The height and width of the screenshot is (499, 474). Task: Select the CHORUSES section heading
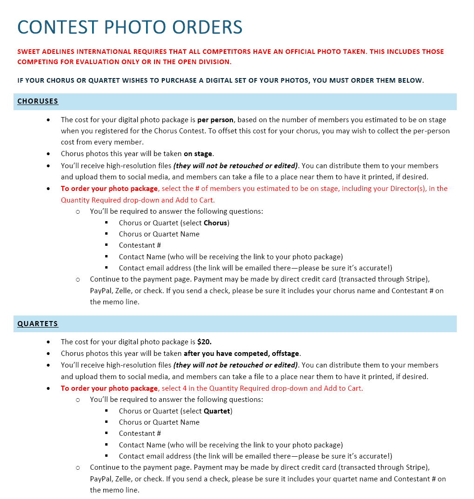pyautogui.click(x=38, y=101)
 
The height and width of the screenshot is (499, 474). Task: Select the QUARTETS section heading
pyautogui.click(x=38, y=324)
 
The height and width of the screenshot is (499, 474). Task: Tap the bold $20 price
pyautogui.click(x=204, y=342)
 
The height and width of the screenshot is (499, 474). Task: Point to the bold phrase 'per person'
pyautogui.click(x=215, y=120)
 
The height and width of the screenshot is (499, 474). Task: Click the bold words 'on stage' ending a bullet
pyautogui.click(x=198, y=154)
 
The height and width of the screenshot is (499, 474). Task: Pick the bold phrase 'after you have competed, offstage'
pyautogui.click(x=239, y=354)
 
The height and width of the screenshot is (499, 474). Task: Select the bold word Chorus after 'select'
pyautogui.click(x=215, y=223)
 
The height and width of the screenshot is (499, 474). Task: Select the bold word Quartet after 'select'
pyautogui.click(x=217, y=411)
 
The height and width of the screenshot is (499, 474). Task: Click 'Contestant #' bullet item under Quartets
pyautogui.click(x=140, y=433)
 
